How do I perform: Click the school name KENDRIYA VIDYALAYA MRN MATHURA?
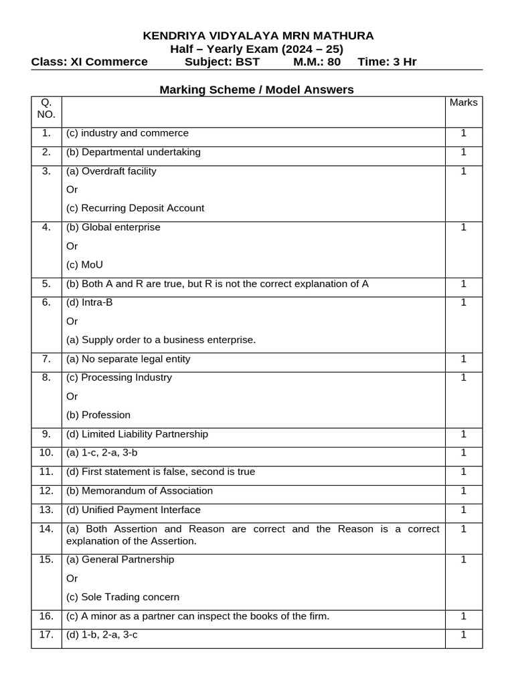click(x=258, y=35)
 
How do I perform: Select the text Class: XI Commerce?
click(x=90, y=62)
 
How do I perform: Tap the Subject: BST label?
click(x=222, y=62)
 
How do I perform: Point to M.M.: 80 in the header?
click(x=317, y=62)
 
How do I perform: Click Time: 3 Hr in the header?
click(x=387, y=62)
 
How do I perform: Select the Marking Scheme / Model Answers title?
click(x=256, y=89)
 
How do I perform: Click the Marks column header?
click(x=463, y=102)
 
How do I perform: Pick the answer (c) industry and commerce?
click(x=127, y=133)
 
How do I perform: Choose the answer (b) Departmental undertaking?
click(x=133, y=152)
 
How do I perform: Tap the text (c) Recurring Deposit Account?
click(x=135, y=208)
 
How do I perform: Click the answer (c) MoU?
click(x=85, y=264)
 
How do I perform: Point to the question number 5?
click(x=46, y=284)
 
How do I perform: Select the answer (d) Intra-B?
click(x=90, y=302)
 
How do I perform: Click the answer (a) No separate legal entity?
click(x=128, y=359)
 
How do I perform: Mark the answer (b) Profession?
click(x=98, y=415)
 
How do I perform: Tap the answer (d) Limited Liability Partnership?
click(x=137, y=434)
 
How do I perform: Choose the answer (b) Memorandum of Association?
click(x=139, y=490)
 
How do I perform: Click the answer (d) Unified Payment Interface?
click(x=133, y=510)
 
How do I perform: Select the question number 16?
click(x=46, y=616)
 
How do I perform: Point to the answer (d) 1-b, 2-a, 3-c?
click(x=102, y=635)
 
